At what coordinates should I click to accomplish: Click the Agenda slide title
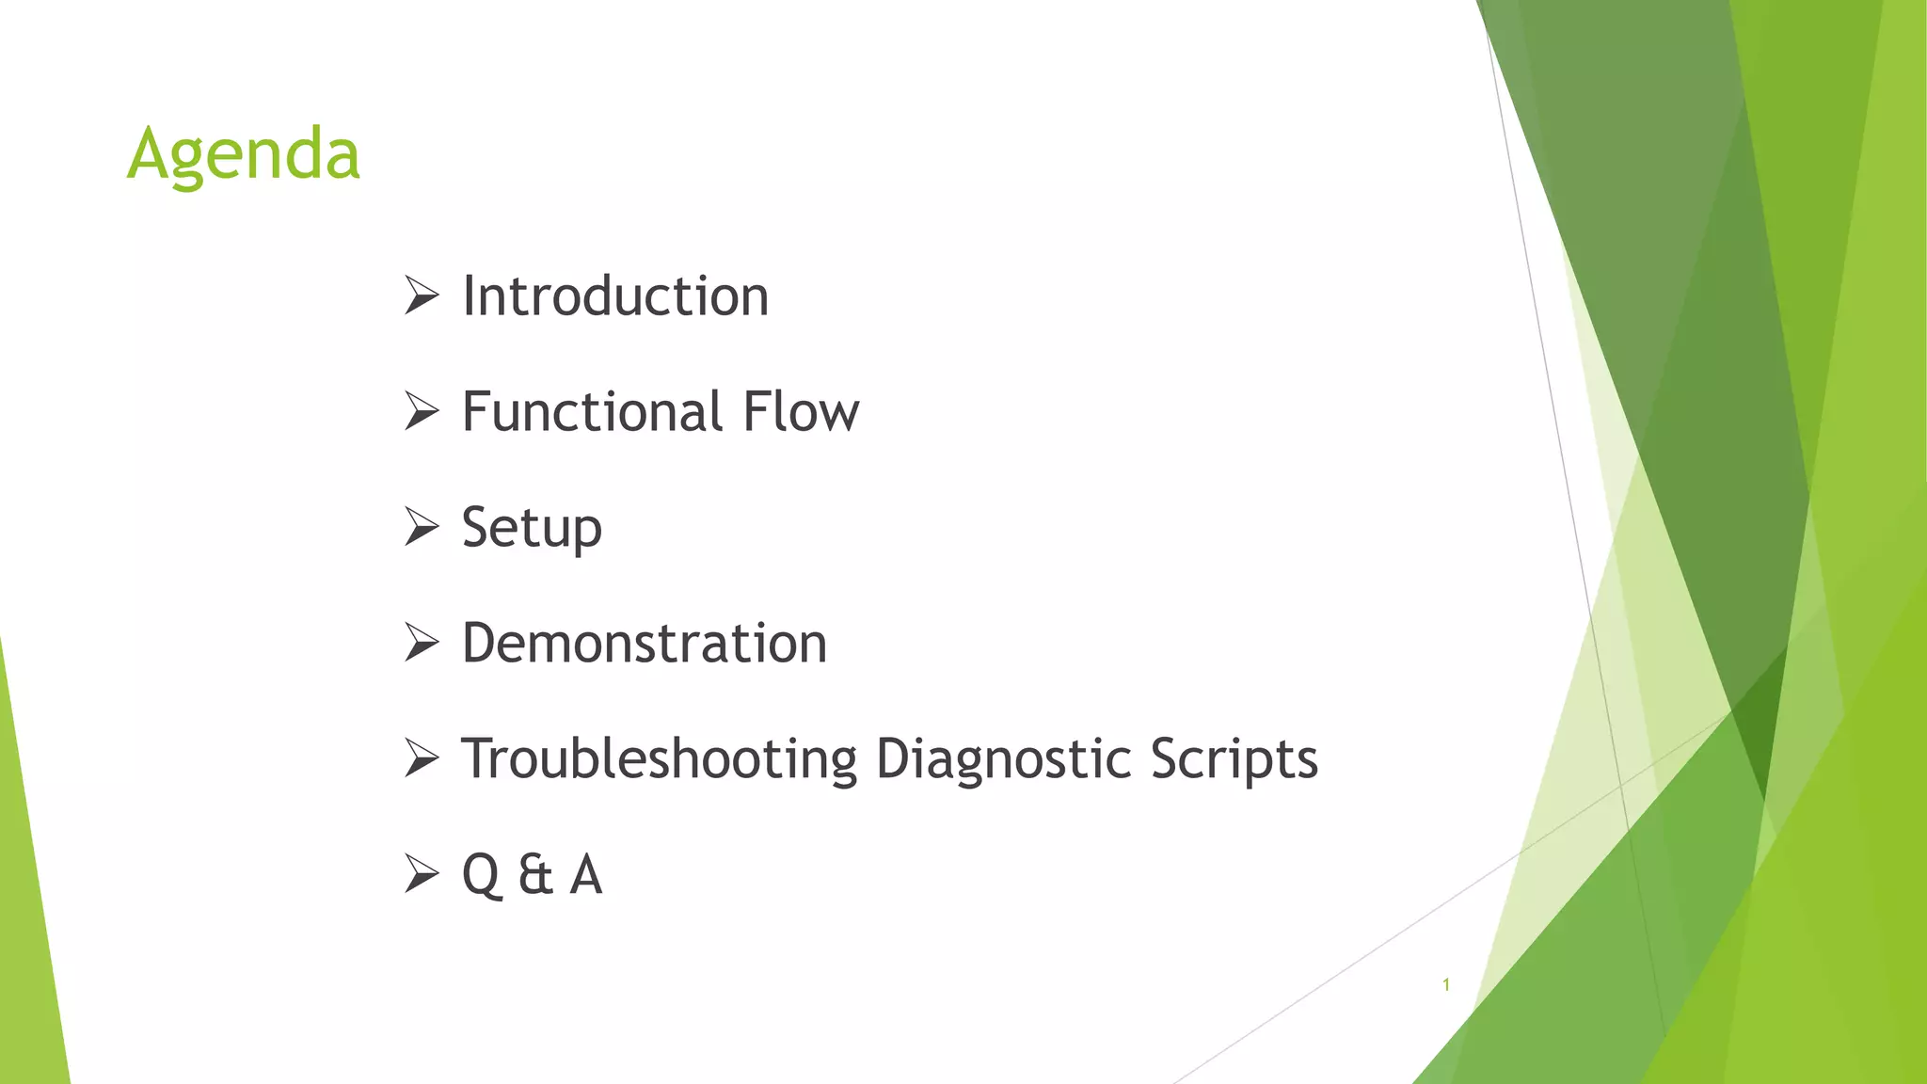(x=244, y=153)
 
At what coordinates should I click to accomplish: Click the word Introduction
(x=615, y=296)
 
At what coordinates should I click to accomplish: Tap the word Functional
(x=592, y=412)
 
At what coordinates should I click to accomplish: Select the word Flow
(x=801, y=412)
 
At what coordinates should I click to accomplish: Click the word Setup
(x=532, y=528)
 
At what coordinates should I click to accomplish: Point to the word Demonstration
(x=645, y=644)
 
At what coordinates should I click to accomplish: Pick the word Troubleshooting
(x=659, y=759)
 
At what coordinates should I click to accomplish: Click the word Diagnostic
(x=1003, y=759)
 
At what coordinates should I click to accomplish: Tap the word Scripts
(x=1234, y=759)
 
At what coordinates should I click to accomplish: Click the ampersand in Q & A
(x=534, y=875)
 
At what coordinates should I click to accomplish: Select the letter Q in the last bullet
(x=481, y=875)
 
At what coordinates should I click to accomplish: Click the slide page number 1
(x=1446, y=984)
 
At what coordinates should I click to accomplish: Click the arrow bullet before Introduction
(x=422, y=296)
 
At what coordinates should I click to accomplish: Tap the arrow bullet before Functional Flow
(x=422, y=412)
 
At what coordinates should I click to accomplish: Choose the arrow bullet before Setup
(x=422, y=528)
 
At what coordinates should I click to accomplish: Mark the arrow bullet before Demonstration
(x=422, y=644)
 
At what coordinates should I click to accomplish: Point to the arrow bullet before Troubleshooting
(x=422, y=759)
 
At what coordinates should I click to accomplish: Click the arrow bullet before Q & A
(x=422, y=875)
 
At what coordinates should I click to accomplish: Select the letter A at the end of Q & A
(x=585, y=875)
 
